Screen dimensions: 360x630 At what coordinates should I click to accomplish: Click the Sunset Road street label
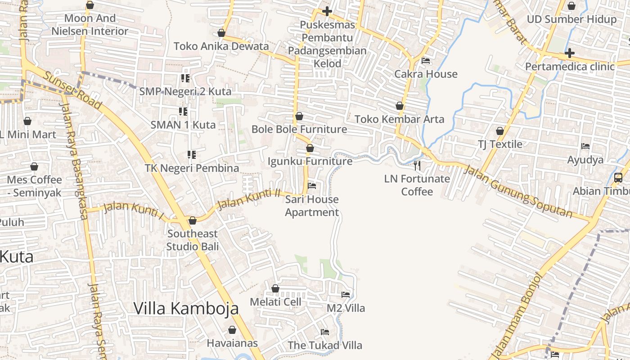click(x=72, y=90)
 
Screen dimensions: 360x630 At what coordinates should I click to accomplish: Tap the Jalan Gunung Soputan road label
click(x=517, y=192)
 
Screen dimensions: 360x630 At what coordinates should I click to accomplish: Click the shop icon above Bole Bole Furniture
click(x=299, y=117)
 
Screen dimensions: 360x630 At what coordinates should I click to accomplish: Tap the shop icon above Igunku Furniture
click(x=310, y=148)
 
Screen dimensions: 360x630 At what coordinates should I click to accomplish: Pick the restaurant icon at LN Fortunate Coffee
click(x=417, y=166)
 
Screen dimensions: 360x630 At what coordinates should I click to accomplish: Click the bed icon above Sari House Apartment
click(x=311, y=185)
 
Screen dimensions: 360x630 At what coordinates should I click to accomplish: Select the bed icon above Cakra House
click(x=426, y=61)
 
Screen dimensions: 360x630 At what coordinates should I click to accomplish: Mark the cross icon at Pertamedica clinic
click(x=570, y=54)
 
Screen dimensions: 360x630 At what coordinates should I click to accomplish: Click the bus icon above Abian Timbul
click(x=618, y=178)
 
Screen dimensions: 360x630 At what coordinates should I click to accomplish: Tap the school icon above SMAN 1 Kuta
click(x=183, y=111)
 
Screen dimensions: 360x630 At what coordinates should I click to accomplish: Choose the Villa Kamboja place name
click(x=186, y=309)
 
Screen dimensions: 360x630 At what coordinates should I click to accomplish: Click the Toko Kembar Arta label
click(x=400, y=119)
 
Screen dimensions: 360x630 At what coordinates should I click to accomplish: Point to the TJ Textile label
click(x=500, y=144)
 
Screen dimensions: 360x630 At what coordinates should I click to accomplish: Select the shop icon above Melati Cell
click(x=275, y=288)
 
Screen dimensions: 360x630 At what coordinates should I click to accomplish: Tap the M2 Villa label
click(x=346, y=308)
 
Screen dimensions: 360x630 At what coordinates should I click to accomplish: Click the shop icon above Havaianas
click(x=232, y=330)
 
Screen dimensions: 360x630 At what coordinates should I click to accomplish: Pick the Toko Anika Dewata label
click(x=221, y=46)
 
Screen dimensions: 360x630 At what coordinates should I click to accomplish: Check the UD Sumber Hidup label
click(x=571, y=19)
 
